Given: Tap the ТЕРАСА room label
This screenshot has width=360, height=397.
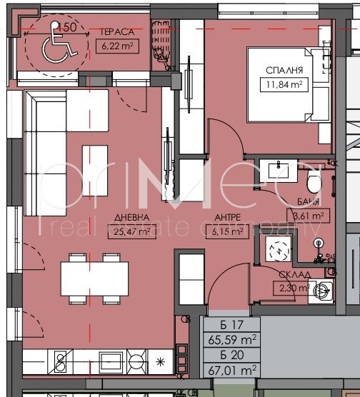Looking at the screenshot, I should (x=115, y=32).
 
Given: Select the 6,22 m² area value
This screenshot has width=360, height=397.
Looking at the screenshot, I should (x=116, y=46).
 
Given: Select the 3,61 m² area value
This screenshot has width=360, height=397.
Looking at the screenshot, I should (x=307, y=215).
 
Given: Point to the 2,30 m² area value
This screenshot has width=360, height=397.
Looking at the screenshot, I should (x=292, y=288).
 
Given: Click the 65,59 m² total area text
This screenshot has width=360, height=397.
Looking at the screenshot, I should (x=231, y=341).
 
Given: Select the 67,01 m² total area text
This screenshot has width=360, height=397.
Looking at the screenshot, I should (x=231, y=370).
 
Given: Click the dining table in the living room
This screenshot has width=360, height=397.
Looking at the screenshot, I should (x=89, y=278).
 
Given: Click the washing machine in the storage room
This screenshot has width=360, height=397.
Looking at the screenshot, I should (x=324, y=289).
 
